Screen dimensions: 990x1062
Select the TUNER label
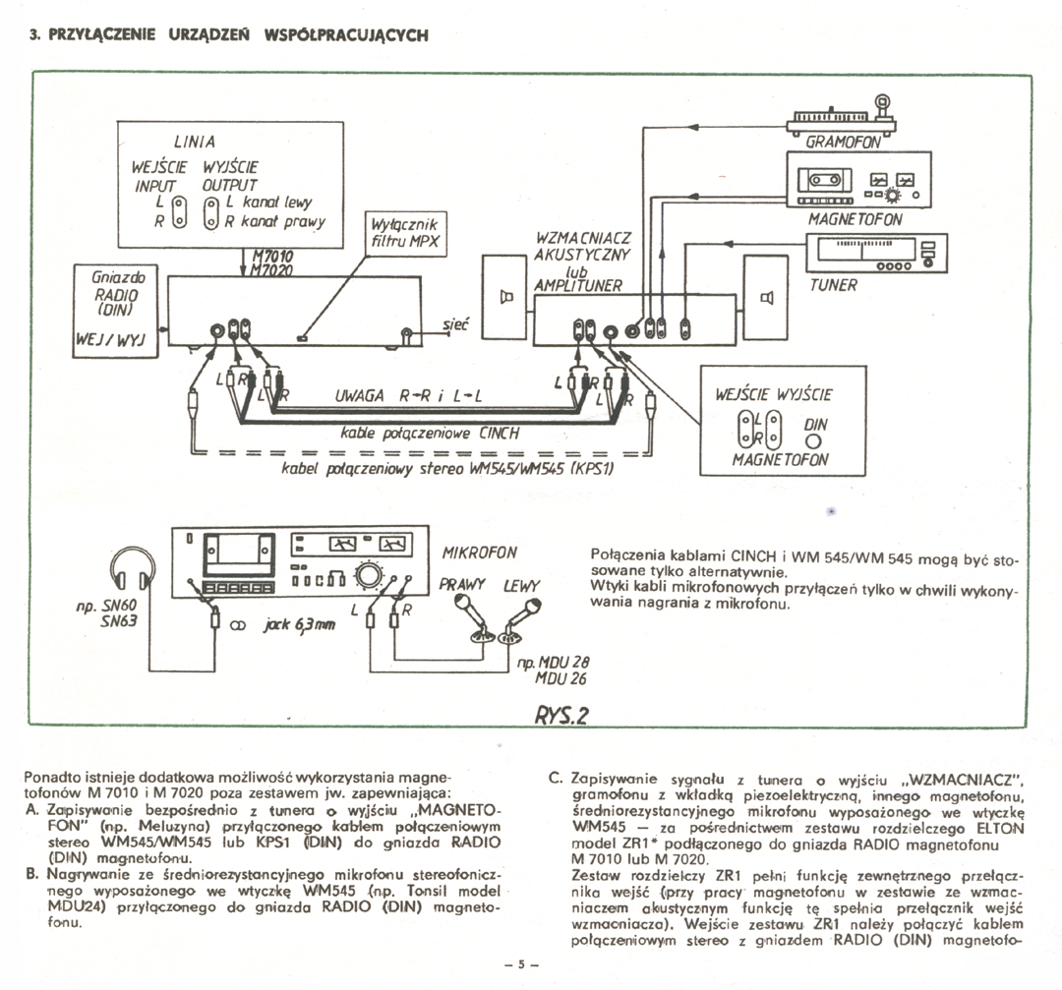[834, 285]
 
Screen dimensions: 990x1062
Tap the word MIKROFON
[479, 552]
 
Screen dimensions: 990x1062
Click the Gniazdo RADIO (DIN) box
[113, 309]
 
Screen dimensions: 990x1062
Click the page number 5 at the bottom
[524, 962]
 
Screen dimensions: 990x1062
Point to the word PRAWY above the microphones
[463, 584]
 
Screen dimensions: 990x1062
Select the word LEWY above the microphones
[522, 586]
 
